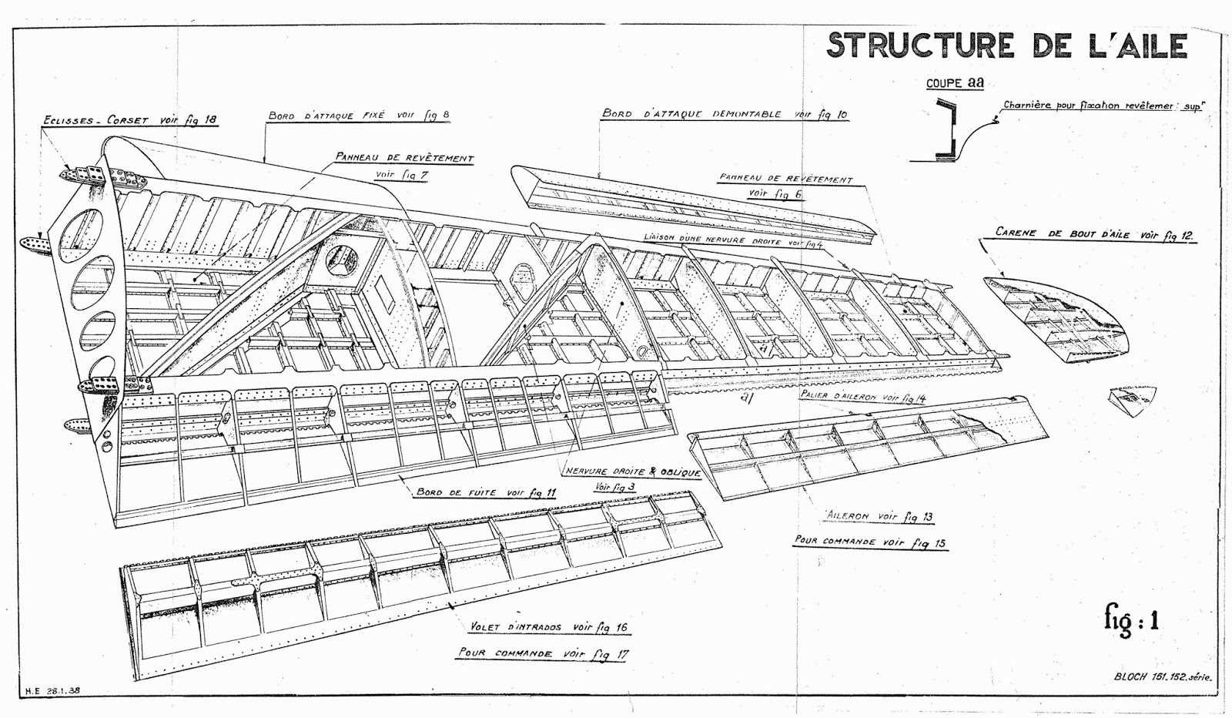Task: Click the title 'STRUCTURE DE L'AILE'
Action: pos(1006,45)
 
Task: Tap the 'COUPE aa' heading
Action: pos(955,83)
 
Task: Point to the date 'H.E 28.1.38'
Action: pos(53,691)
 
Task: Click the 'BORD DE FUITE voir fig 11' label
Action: pos(485,492)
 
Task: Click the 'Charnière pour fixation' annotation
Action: pos(1102,107)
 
